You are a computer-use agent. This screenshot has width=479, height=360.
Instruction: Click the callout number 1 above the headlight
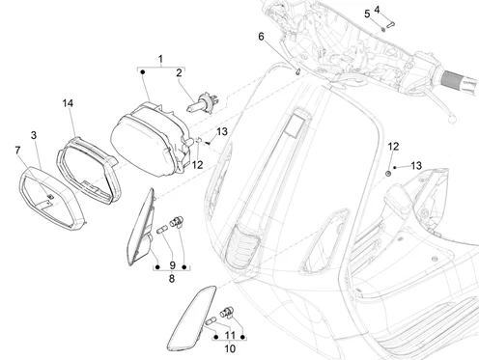point(160,59)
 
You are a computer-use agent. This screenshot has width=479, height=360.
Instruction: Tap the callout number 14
point(68,103)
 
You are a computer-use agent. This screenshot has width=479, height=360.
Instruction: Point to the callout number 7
point(17,151)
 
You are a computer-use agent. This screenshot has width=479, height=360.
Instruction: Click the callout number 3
point(34,135)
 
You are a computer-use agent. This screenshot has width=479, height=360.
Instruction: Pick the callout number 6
point(261,37)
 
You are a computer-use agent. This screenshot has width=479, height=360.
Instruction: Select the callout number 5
point(367,14)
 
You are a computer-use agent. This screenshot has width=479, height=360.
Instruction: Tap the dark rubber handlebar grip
point(460,81)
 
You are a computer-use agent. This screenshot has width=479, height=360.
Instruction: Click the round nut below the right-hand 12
point(388,174)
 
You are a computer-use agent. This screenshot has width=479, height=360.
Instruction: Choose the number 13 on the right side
point(416,166)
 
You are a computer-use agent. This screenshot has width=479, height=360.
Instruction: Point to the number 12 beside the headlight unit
point(197,165)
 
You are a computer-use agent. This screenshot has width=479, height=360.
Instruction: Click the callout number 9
point(172,265)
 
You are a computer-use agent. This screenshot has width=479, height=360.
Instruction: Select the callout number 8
point(172,279)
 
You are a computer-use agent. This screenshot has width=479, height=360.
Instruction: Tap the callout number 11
point(230,336)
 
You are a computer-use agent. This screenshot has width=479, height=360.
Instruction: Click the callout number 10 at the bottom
point(230,348)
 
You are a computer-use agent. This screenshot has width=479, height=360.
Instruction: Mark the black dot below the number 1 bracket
point(143,72)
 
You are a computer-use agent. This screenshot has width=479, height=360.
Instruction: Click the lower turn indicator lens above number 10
point(192,318)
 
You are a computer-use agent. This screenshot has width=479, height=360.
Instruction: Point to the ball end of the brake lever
point(452,120)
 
